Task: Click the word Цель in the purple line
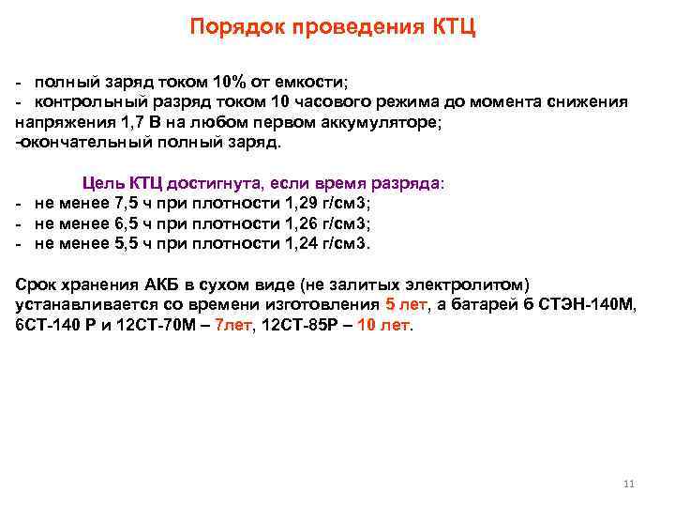pos(103,182)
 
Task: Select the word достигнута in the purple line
pos(224,182)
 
